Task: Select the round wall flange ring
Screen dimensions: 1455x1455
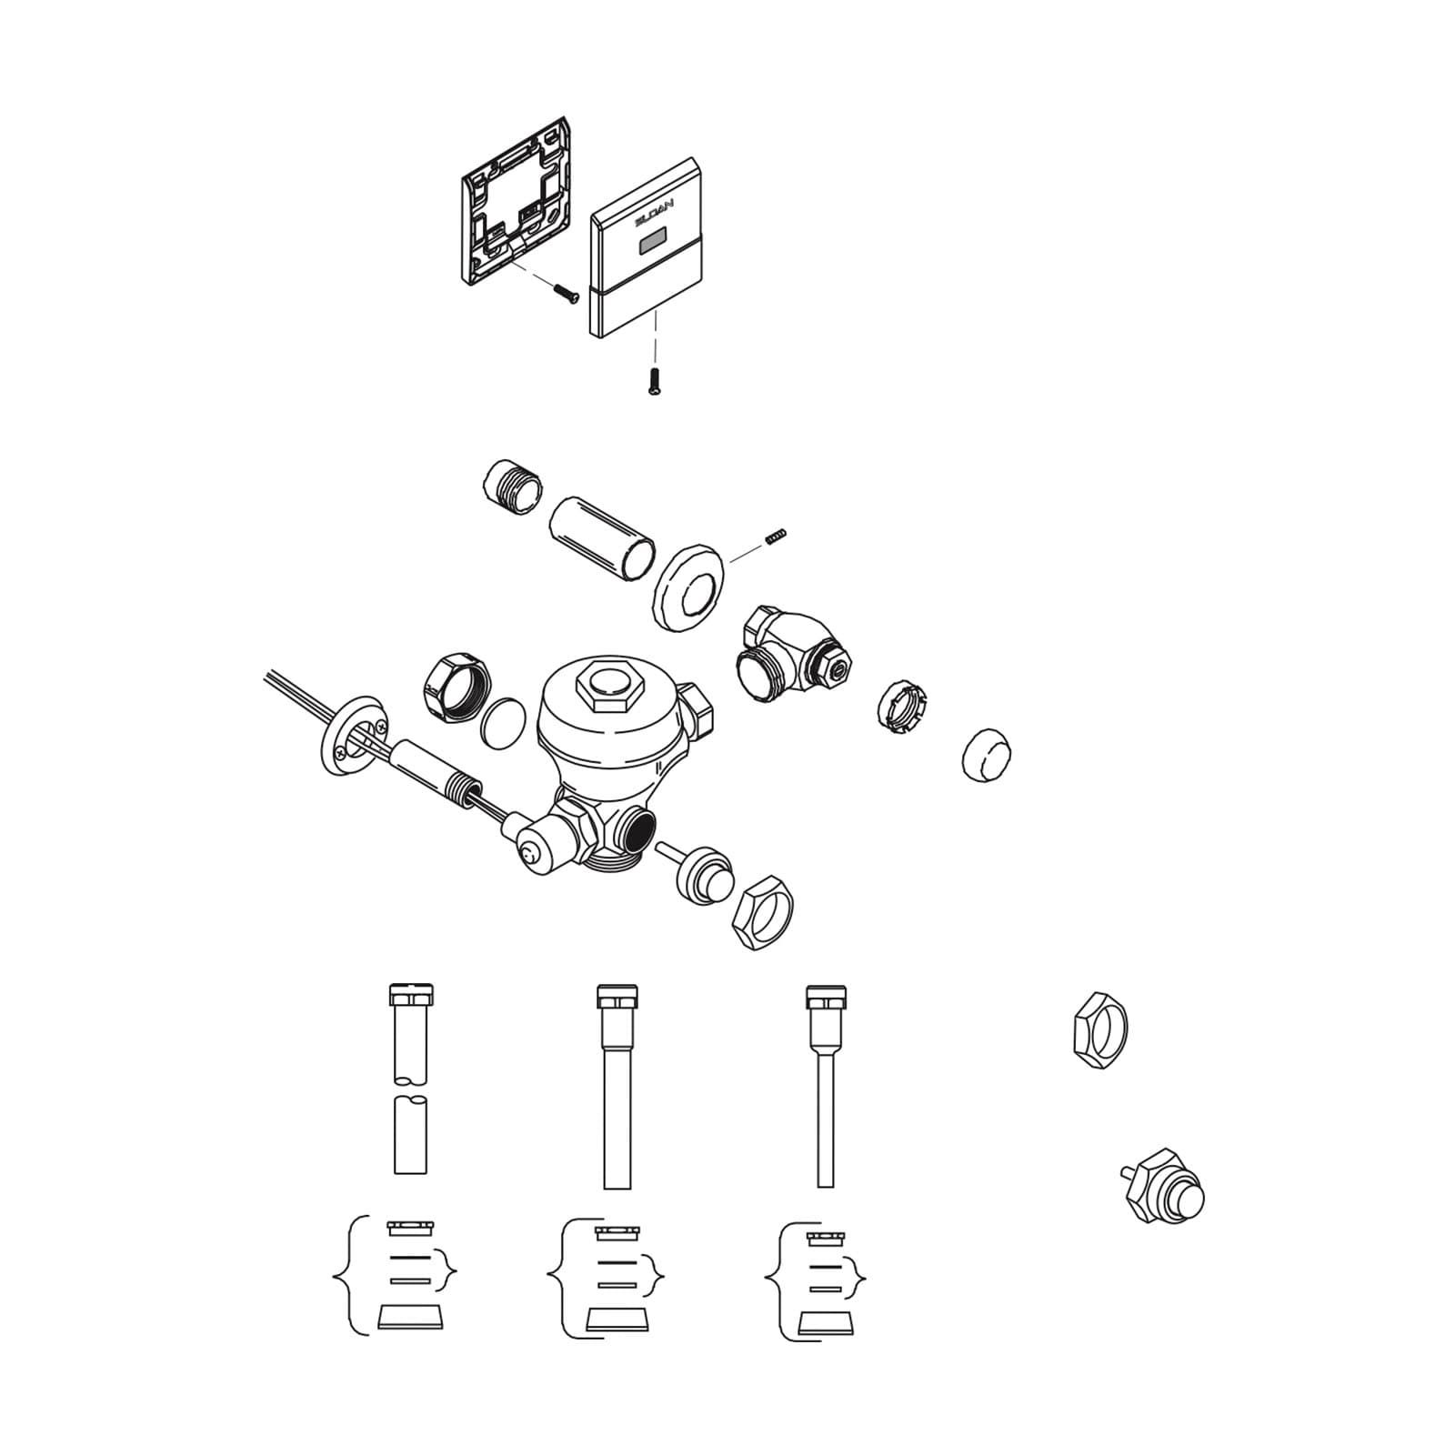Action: pyautogui.click(x=687, y=587)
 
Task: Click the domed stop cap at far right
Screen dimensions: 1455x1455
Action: pyautogui.click(x=988, y=754)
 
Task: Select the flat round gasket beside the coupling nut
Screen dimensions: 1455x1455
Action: pyautogui.click(x=502, y=725)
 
